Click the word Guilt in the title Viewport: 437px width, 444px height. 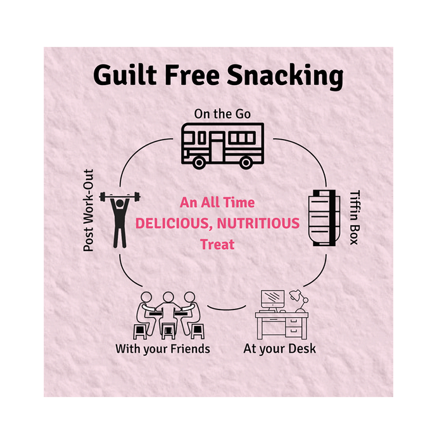tap(125, 75)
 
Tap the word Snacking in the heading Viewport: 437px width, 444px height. tap(285, 76)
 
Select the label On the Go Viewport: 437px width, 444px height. tap(222, 114)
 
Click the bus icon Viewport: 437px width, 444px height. tap(222, 146)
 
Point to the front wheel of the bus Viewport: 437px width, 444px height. tap(199, 162)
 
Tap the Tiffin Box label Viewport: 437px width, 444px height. tap(355, 218)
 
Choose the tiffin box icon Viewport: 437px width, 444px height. tap(324, 218)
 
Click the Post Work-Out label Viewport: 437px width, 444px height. tap(88, 211)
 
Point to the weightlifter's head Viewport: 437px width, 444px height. tap(120, 204)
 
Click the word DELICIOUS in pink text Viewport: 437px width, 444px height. tap(174, 224)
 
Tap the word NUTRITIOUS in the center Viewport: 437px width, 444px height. tap(258, 223)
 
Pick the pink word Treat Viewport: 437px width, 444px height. tap(217, 244)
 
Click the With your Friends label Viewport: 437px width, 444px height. tap(163, 349)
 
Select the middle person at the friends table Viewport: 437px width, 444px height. tap(168, 311)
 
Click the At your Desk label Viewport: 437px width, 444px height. tap(279, 349)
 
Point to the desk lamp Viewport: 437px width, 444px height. tap(299, 301)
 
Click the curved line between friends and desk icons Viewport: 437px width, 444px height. tap(226, 309)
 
